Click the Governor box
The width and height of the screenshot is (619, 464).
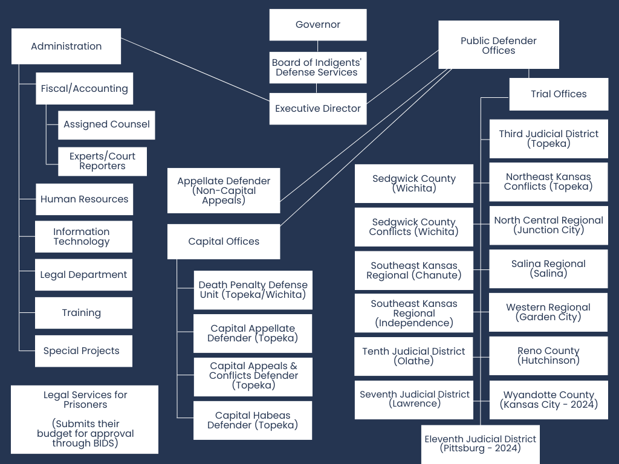pos(318,25)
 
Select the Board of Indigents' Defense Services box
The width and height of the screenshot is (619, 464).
pos(318,68)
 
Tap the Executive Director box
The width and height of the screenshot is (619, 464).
pos(318,109)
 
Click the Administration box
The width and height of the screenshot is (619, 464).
pos(66,47)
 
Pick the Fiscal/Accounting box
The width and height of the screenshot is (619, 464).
pos(85,89)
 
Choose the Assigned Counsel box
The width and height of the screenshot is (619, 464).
pos(106,124)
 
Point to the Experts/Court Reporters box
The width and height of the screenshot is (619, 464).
pos(102,161)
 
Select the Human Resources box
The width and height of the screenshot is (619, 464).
pos(84,199)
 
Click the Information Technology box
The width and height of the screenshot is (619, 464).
pos(83,237)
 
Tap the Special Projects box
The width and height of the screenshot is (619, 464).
pos(83,351)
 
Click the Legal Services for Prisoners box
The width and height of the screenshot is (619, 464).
pos(85,419)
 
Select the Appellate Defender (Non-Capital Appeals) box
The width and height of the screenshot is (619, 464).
pos(224,191)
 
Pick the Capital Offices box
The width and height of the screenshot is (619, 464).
pos(224,242)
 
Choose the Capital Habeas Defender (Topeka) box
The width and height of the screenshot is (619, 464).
pos(253,420)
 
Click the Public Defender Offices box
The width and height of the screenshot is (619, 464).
pos(499,45)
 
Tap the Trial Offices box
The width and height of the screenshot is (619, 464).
pos(559,94)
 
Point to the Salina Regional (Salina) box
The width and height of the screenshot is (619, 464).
pos(548,269)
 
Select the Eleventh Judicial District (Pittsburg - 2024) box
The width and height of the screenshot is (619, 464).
pos(481,444)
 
